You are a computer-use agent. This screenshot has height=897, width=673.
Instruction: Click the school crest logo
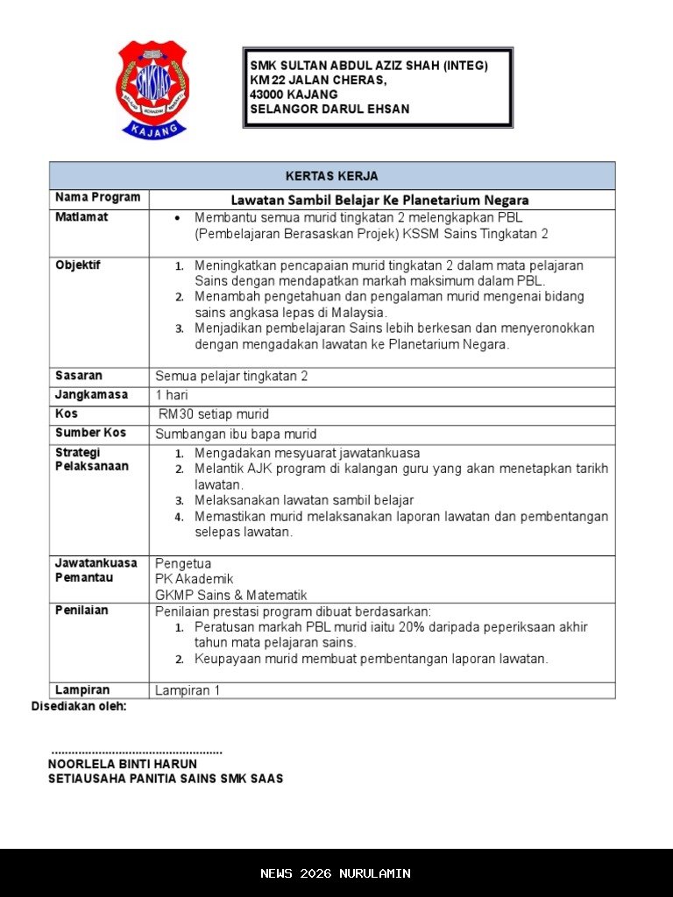tap(152, 88)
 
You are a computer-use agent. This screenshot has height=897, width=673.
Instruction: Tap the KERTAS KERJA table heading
tap(331, 176)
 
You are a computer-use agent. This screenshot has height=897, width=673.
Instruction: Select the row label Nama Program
tap(97, 198)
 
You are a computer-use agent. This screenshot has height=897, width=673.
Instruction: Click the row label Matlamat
tap(81, 217)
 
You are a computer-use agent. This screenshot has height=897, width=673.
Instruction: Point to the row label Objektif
tap(78, 265)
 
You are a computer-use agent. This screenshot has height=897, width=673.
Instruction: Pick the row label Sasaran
tap(79, 376)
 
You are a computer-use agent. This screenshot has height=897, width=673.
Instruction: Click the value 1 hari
tap(172, 395)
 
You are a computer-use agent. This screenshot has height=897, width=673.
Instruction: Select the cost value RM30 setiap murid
tap(214, 414)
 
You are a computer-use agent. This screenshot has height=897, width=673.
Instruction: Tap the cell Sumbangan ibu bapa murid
tap(236, 434)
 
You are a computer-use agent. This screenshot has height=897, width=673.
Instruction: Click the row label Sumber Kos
tap(90, 433)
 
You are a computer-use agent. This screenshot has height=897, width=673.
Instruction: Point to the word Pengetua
tap(183, 563)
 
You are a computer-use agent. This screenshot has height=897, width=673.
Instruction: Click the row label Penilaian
tap(81, 610)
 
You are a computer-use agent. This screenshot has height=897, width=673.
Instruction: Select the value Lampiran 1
tap(188, 690)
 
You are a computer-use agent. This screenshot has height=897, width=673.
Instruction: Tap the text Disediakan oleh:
tap(79, 706)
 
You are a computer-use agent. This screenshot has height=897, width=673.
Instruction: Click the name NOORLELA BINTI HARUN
tap(123, 764)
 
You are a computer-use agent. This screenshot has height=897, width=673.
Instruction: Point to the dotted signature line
tap(137, 751)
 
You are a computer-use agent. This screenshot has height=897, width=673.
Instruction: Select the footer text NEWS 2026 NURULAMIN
tap(336, 873)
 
